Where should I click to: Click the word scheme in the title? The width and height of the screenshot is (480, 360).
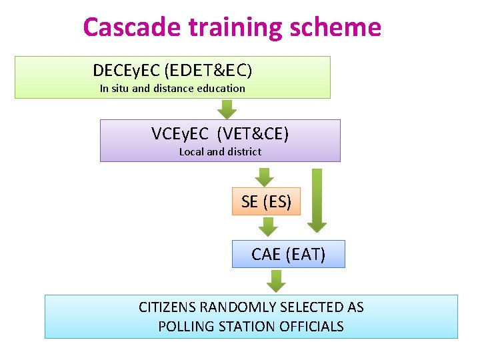pyautogui.click(x=340, y=27)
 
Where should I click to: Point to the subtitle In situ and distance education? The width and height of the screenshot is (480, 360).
pyautogui.click(x=172, y=88)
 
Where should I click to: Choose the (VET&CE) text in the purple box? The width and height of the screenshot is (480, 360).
pyautogui.click(x=257, y=134)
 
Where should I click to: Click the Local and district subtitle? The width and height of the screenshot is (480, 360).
pyautogui.click(x=220, y=151)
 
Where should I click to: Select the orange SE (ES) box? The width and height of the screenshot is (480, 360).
pyautogui.click(x=266, y=201)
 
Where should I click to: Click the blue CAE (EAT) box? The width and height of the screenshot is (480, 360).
pyautogui.click(x=288, y=254)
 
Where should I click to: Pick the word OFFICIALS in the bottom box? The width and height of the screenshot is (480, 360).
pyautogui.click(x=312, y=327)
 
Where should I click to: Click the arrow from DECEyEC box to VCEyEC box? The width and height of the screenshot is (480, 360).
pyautogui.click(x=227, y=109)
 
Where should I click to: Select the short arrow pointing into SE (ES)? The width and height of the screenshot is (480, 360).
pyautogui.click(x=265, y=177)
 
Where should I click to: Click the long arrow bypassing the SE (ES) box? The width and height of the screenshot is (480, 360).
pyautogui.click(x=317, y=200)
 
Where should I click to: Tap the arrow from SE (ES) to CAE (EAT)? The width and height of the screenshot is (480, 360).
pyautogui.click(x=267, y=227)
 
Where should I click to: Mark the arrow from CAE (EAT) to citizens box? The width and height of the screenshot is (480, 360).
pyautogui.click(x=275, y=281)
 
